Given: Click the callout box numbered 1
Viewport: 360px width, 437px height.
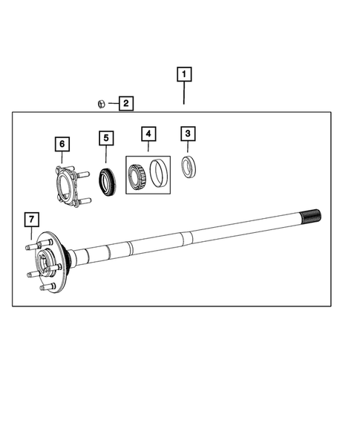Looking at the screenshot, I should pyautogui.click(x=183, y=75).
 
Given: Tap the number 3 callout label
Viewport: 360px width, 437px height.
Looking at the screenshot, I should pyautogui.click(x=189, y=134).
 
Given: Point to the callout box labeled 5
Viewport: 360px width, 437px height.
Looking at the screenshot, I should pyautogui.click(x=106, y=139).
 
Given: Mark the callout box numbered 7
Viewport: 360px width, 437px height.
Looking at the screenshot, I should pyautogui.click(x=31, y=219).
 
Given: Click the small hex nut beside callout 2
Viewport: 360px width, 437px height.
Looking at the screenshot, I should pyautogui.click(x=101, y=103).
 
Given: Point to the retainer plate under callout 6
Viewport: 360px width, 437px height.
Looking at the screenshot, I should pyautogui.click(x=67, y=185).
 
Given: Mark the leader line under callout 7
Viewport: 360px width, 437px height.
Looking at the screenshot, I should pyautogui.click(x=31, y=234).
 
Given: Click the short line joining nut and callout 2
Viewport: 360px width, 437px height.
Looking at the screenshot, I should pyautogui.click(x=111, y=103).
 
